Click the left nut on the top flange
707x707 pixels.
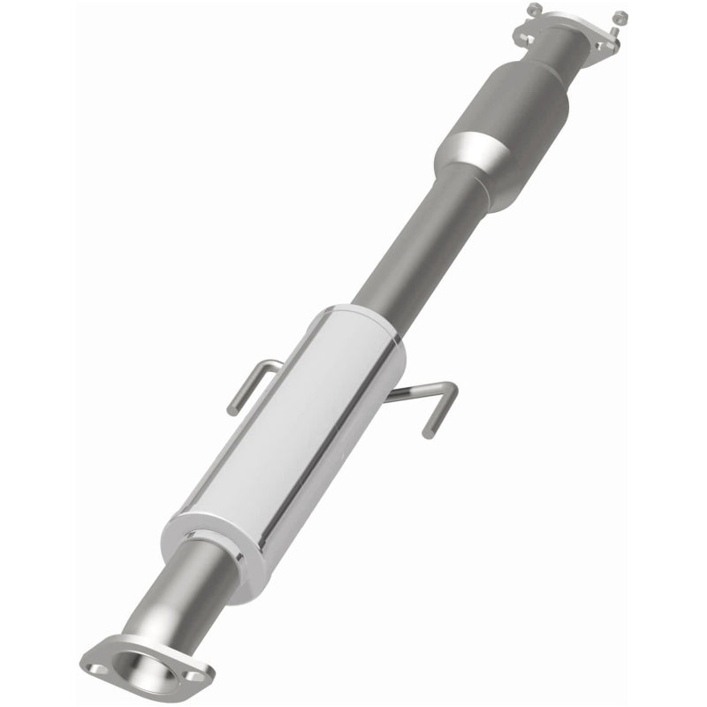click(x=532, y=9)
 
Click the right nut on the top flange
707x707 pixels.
click(x=620, y=16)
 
